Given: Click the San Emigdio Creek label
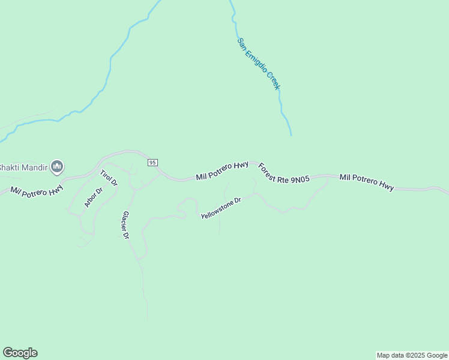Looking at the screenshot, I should tap(259, 65).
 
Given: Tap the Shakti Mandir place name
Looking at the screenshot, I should tap(23, 167).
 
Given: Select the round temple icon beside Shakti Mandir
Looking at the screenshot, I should tap(57, 166).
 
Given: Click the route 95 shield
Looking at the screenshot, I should tap(152, 163).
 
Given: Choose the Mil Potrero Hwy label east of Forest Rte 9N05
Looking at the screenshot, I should tap(366, 182).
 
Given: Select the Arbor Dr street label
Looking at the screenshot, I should tap(93, 197).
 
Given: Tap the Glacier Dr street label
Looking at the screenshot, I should tap(125, 225).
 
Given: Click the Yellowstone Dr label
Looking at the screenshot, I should tap(220, 207).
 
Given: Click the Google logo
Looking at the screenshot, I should tap(20, 353).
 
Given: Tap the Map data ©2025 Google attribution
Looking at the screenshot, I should tap(412, 355).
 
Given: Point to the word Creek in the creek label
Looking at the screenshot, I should tap(273, 82).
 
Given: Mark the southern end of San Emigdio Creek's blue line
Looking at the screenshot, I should tap(291, 135).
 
